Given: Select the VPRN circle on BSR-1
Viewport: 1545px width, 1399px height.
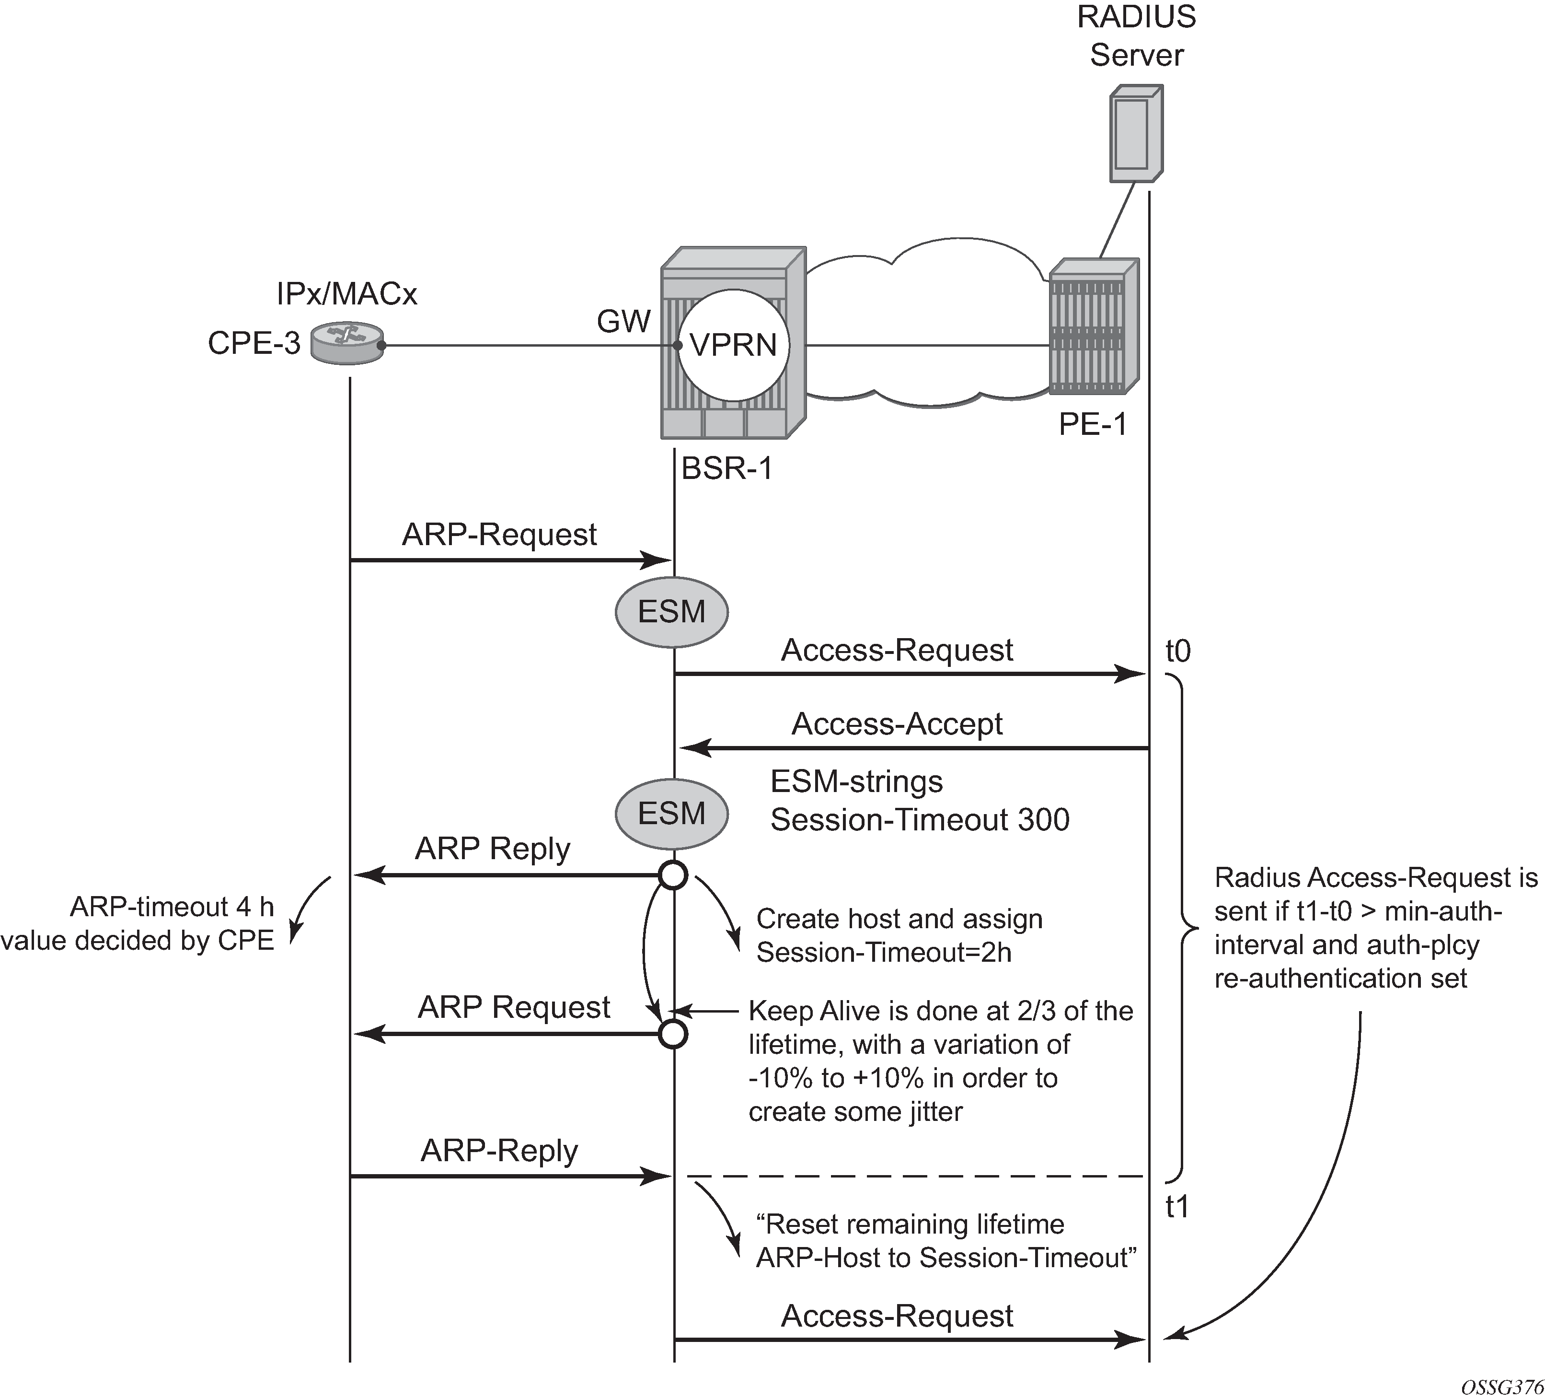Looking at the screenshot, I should pos(733,345).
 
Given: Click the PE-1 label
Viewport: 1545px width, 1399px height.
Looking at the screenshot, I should pos(1093,424).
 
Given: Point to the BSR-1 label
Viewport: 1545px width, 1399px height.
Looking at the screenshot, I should pos(726,468).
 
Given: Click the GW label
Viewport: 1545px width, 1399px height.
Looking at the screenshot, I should pos(623,321).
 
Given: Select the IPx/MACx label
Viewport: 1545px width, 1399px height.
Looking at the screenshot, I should pos(346,293).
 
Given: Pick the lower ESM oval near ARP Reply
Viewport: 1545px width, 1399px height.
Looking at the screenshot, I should pos(671,813).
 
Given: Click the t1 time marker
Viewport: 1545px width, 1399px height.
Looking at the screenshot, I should pos(1177,1207).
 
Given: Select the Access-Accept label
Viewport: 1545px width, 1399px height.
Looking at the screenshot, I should pos(897,723).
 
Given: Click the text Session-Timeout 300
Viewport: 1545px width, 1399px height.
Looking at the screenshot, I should pos(920,819).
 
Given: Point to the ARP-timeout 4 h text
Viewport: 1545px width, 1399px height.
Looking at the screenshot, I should pos(172,907).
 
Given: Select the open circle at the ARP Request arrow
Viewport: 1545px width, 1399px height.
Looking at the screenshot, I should pos(673,1034).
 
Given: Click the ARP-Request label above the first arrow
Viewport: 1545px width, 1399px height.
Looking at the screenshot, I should pos(499,534).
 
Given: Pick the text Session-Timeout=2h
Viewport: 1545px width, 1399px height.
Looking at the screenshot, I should pos(884,952).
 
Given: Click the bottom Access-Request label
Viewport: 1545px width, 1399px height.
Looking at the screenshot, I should pos(897,1316).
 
